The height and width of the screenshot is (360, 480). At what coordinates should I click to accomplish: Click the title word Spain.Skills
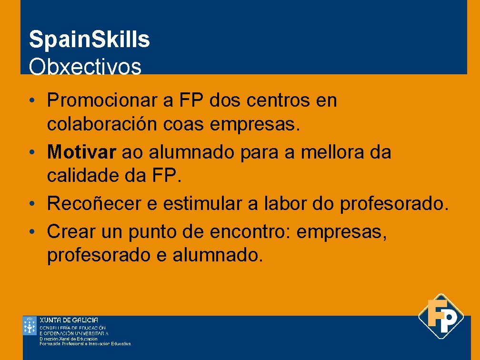[x=89, y=40]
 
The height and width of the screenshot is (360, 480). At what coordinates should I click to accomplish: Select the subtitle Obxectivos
[x=85, y=67]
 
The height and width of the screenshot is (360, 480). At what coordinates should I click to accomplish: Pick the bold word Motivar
[x=81, y=152]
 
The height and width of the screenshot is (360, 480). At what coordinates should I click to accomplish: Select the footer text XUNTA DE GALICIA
[x=69, y=320]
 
